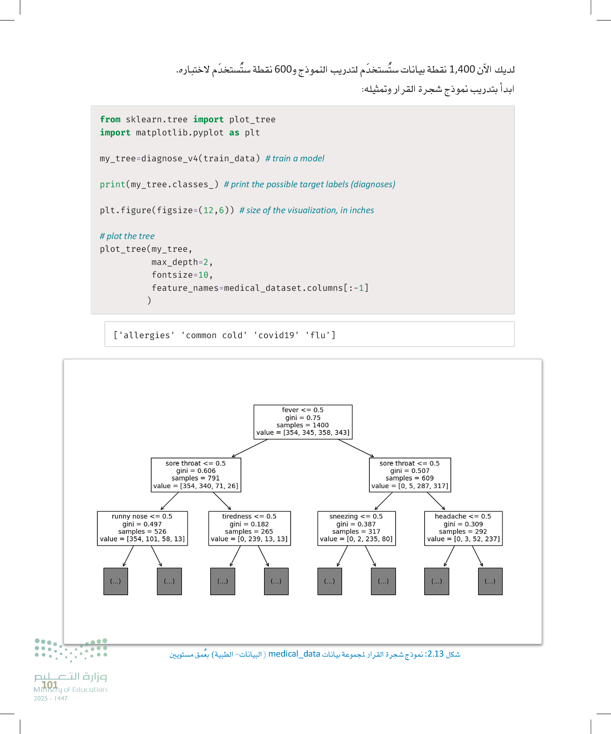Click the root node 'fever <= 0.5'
(x=302, y=421)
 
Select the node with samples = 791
(x=196, y=475)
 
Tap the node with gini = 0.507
(x=409, y=475)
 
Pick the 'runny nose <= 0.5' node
(x=142, y=528)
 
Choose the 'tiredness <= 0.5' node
(x=249, y=528)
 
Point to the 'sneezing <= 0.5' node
(x=356, y=528)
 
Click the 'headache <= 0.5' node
(x=463, y=528)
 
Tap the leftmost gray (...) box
(x=116, y=581)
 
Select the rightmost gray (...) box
(x=490, y=581)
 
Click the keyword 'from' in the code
(x=110, y=120)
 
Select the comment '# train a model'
(x=294, y=158)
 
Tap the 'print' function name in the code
(x=112, y=184)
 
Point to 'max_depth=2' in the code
(x=180, y=262)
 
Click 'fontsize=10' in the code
(x=180, y=275)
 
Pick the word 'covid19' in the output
(x=276, y=335)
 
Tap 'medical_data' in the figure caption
(x=294, y=654)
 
